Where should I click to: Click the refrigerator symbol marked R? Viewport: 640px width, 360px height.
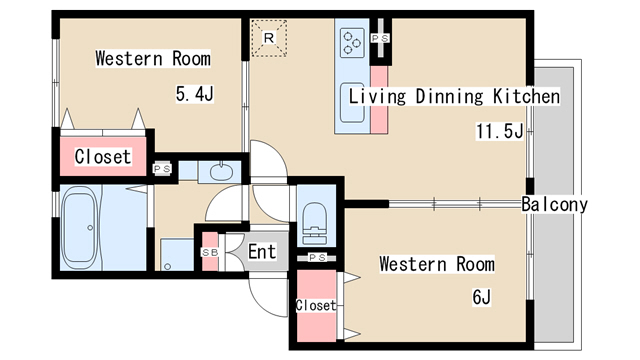point(269,38)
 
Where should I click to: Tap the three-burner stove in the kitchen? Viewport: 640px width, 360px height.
point(352,42)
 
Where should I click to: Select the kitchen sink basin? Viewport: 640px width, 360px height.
point(352,102)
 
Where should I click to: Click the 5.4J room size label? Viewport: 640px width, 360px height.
point(195,93)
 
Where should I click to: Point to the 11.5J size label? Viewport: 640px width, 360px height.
point(500,131)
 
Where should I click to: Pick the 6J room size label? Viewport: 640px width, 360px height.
point(482,297)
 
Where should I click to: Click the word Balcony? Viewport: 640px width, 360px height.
point(554,204)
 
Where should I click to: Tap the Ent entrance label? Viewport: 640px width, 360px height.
point(262,251)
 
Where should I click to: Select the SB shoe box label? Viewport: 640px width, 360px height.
point(210,253)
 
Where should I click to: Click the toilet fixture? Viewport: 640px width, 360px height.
point(314,223)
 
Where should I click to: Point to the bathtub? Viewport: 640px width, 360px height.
point(80,227)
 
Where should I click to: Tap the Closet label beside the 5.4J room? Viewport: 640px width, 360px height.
point(103,157)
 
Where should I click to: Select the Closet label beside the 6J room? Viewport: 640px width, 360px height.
point(316,305)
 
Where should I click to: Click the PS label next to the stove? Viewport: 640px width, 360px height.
point(380,38)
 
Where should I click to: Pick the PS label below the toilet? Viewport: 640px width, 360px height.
point(317,258)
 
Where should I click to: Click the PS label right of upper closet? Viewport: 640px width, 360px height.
point(162,169)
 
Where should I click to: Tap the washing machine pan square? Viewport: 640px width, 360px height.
point(177,255)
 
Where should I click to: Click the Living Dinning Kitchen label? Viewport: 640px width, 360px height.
point(454,97)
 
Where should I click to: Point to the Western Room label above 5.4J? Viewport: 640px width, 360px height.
point(153,58)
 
